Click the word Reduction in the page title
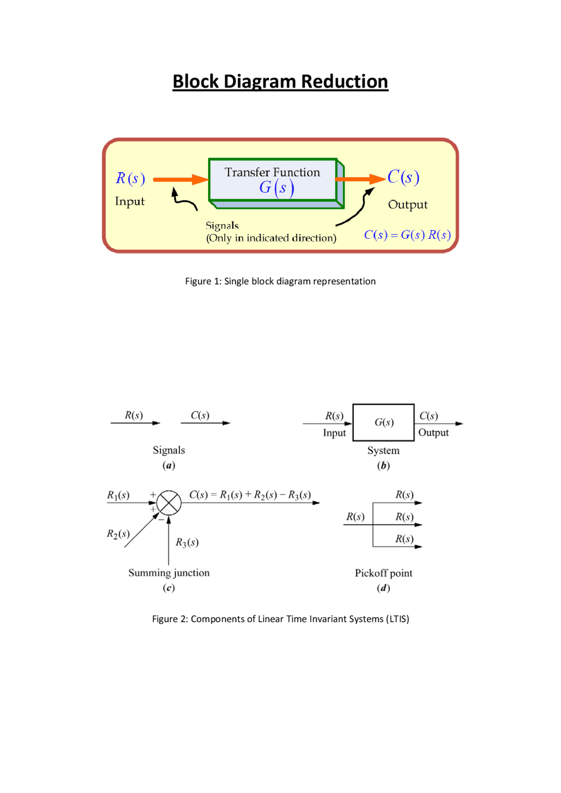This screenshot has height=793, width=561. pos(344,82)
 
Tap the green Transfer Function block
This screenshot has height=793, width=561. pos(273,180)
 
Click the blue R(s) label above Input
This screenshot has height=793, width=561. pos(130,178)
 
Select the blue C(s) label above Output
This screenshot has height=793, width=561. pos(403,177)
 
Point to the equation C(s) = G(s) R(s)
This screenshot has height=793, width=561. pos(407,235)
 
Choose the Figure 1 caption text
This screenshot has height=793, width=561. pos(280,281)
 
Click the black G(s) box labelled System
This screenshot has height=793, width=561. pos(383,422)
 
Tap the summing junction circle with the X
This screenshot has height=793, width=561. pos(169,503)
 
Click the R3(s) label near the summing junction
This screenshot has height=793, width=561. pos(187,543)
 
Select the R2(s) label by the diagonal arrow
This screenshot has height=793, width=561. pos(118,534)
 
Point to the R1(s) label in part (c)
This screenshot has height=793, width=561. pos(118,495)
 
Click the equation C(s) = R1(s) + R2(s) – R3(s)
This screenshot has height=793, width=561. pos(250,495)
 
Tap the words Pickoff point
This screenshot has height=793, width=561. pos(383,573)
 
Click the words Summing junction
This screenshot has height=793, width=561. pos(169,573)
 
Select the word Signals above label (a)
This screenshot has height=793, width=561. pos(169,450)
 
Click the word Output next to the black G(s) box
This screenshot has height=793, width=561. pos(433,433)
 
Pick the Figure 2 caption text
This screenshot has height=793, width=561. pos(280,619)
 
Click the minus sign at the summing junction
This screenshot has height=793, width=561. pos(161,520)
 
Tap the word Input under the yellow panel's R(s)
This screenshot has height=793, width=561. pos(130,201)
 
